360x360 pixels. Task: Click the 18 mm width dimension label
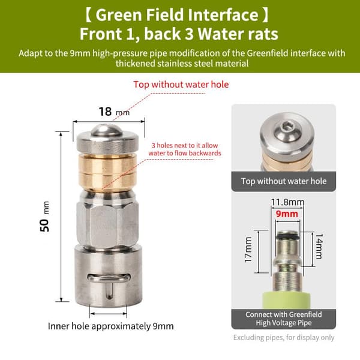tap(114, 112)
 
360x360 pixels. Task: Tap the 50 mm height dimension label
tap(44, 217)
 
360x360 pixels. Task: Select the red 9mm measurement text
tap(287, 214)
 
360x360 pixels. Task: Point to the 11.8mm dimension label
tap(287, 202)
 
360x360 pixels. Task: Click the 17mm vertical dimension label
tap(248, 250)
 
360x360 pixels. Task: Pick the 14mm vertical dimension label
tap(319, 246)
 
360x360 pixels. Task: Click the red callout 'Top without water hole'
tap(181, 85)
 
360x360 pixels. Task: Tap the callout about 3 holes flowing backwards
tap(185, 149)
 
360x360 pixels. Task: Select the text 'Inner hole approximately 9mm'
tap(110, 326)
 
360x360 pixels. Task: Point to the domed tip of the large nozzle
tap(107, 130)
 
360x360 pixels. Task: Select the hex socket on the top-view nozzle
tap(286, 126)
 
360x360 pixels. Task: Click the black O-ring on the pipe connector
tap(287, 236)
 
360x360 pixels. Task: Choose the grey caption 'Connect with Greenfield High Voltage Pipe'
tap(284, 319)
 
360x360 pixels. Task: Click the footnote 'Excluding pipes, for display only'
tap(284, 337)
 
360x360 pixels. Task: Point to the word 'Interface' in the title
tap(223, 15)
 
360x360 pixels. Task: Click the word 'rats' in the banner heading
tap(262, 34)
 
